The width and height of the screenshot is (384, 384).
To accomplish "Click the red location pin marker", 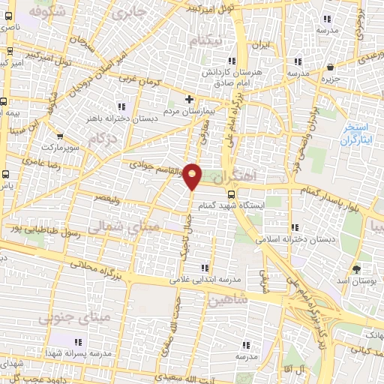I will click(x=193, y=175).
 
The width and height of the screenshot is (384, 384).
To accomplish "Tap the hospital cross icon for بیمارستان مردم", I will click(x=190, y=98).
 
